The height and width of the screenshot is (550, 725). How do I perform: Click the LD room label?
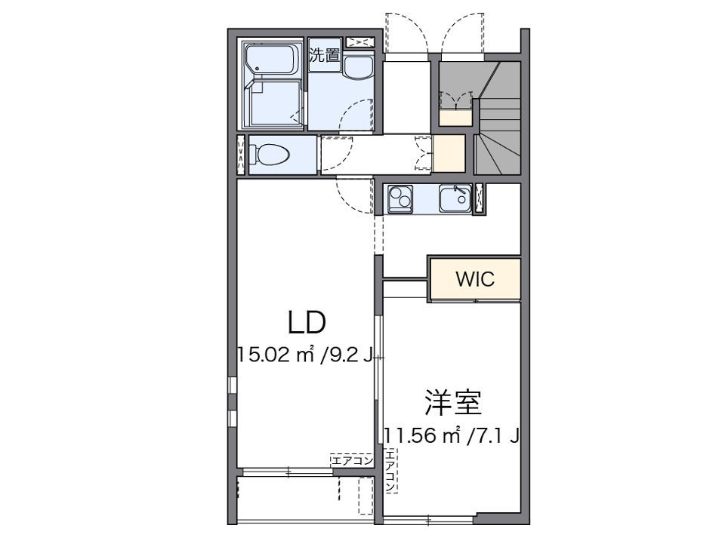pos(306,322)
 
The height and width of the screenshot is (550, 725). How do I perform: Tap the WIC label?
pos(475,279)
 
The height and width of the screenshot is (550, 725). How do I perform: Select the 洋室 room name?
pos(452,403)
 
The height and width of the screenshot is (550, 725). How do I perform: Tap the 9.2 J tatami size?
pos(348,355)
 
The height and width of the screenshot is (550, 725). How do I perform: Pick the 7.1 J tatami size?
pos(494,435)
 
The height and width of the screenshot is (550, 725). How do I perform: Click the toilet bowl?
pos(271,154)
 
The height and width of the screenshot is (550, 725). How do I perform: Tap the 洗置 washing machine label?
pos(324,54)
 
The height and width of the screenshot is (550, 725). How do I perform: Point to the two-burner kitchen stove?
pos(400,199)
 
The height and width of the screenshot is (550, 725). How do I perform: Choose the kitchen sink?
pos(454,199)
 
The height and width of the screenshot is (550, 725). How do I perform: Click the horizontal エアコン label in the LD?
pos(351,459)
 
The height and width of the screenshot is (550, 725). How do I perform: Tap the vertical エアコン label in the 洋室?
pos(390,471)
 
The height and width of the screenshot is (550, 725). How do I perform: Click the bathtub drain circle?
pos(258,70)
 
